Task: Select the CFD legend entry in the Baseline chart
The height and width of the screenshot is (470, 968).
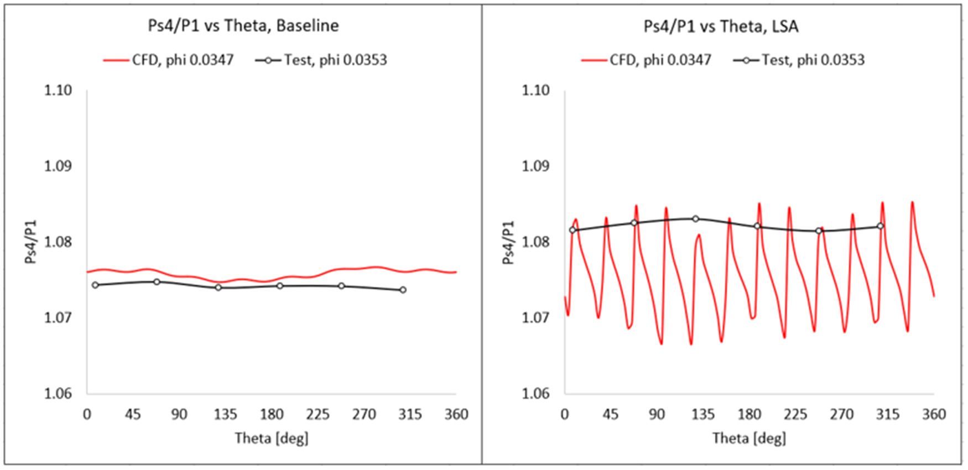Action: click(169, 60)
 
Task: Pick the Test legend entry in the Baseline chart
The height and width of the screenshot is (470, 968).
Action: click(321, 60)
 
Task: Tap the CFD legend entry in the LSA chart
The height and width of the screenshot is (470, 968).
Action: click(646, 60)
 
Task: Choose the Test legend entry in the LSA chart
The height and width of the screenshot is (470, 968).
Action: click(799, 60)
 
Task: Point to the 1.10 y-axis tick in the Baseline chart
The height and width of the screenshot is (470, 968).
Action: click(58, 90)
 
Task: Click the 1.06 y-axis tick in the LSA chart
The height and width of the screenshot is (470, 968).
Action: click(536, 394)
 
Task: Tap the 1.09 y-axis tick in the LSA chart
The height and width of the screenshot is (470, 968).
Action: click(536, 166)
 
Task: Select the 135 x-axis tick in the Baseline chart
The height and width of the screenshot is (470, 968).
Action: click(225, 415)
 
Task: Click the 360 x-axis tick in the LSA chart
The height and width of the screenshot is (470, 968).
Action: click(934, 415)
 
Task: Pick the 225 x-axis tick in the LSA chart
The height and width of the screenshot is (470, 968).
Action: click(795, 415)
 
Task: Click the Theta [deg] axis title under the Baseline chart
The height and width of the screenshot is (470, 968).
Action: click(271, 438)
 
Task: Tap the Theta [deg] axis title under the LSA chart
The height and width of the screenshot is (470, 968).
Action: click(749, 438)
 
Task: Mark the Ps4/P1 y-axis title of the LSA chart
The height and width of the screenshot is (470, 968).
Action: click(508, 242)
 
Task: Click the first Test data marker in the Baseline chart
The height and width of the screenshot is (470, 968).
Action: click(95, 285)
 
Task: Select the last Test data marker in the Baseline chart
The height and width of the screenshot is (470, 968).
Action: click(403, 290)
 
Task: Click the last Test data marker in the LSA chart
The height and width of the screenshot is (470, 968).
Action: click(880, 226)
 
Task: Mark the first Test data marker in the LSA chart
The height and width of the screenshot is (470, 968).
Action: click(573, 230)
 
